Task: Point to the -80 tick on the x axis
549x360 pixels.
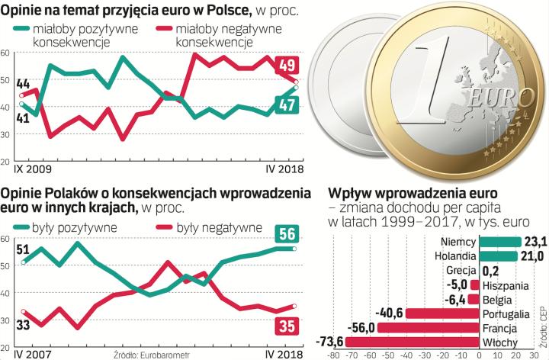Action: pyautogui.click(x=333, y=355)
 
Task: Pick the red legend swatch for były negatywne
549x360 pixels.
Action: pyautogui.click(x=162, y=227)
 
